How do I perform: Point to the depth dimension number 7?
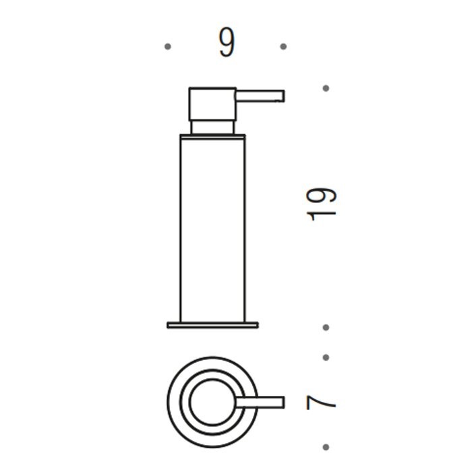[321, 403]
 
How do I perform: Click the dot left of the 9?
[167, 47]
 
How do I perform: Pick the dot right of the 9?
[283, 47]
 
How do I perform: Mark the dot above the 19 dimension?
[326, 88]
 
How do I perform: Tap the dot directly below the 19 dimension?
[326, 328]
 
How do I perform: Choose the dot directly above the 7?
[326, 357]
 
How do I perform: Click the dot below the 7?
[326, 446]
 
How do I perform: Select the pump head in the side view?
[212, 104]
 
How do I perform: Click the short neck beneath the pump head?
[212, 127]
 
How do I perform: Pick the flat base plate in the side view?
[212, 325]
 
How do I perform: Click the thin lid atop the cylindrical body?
[212, 137]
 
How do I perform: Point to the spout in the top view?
[263, 403]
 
